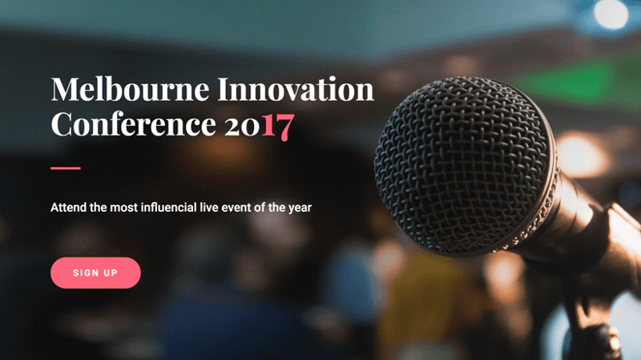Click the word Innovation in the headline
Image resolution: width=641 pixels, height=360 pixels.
(296, 89)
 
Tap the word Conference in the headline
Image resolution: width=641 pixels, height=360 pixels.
(133, 124)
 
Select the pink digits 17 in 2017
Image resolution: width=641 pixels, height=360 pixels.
(278, 126)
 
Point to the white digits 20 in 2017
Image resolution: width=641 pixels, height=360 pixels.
(242, 126)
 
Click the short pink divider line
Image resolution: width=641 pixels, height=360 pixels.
(66, 168)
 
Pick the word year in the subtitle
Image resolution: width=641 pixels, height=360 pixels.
(300, 208)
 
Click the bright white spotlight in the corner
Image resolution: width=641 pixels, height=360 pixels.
(611, 14)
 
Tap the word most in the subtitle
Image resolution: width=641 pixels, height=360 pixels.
(124, 208)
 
